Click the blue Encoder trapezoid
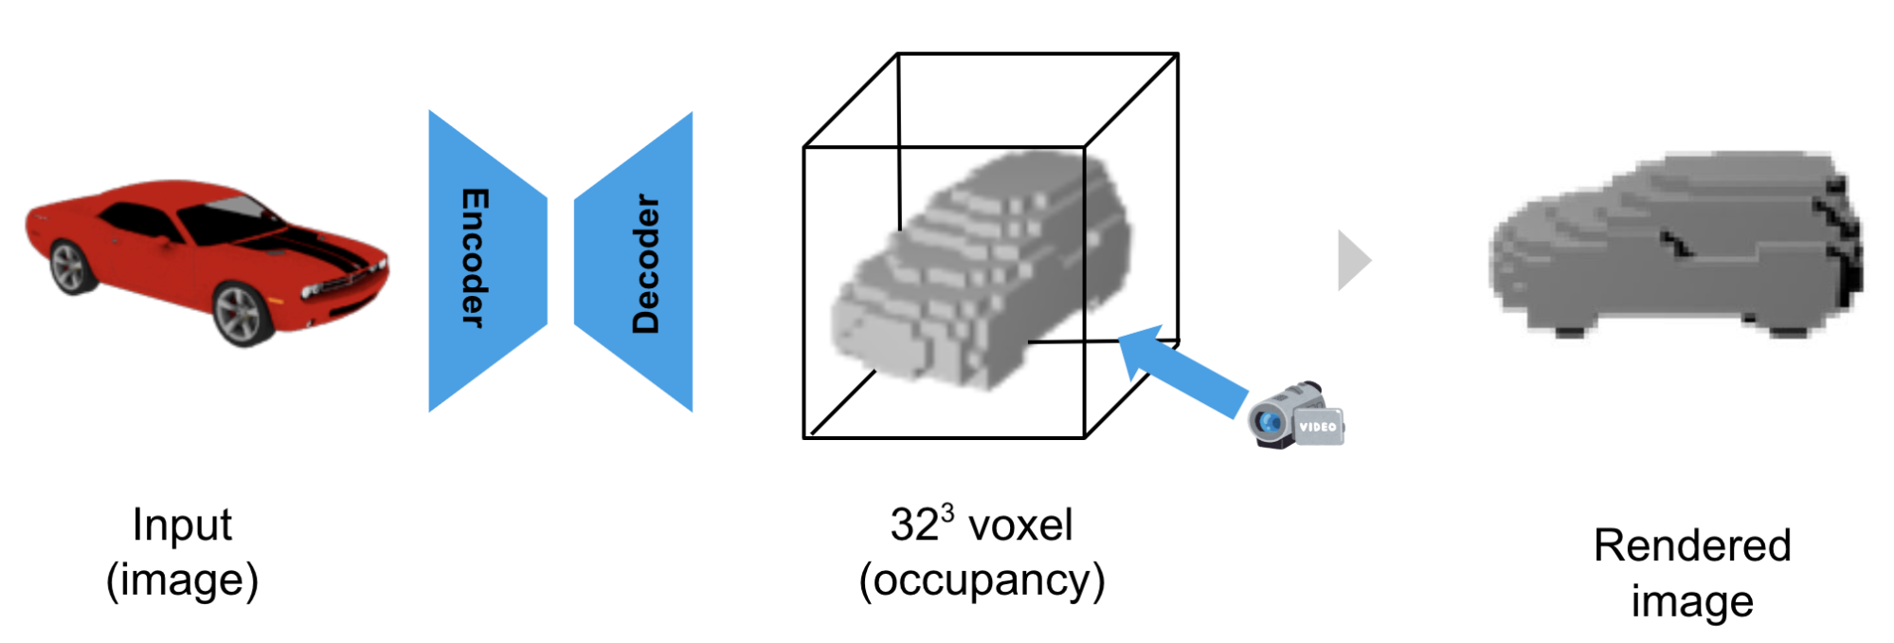[487, 261]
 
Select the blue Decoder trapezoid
[634, 262]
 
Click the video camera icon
[1296, 415]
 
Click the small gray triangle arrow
[1353, 260]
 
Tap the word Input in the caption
[182, 524]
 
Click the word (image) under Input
[182, 579]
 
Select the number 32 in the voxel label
[913, 525]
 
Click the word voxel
[1020, 525]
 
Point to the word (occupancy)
[982, 580]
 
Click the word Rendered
[1692, 545]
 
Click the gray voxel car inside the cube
[981, 271]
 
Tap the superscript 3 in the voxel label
[947, 512]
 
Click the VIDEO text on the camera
[1318, 427]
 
